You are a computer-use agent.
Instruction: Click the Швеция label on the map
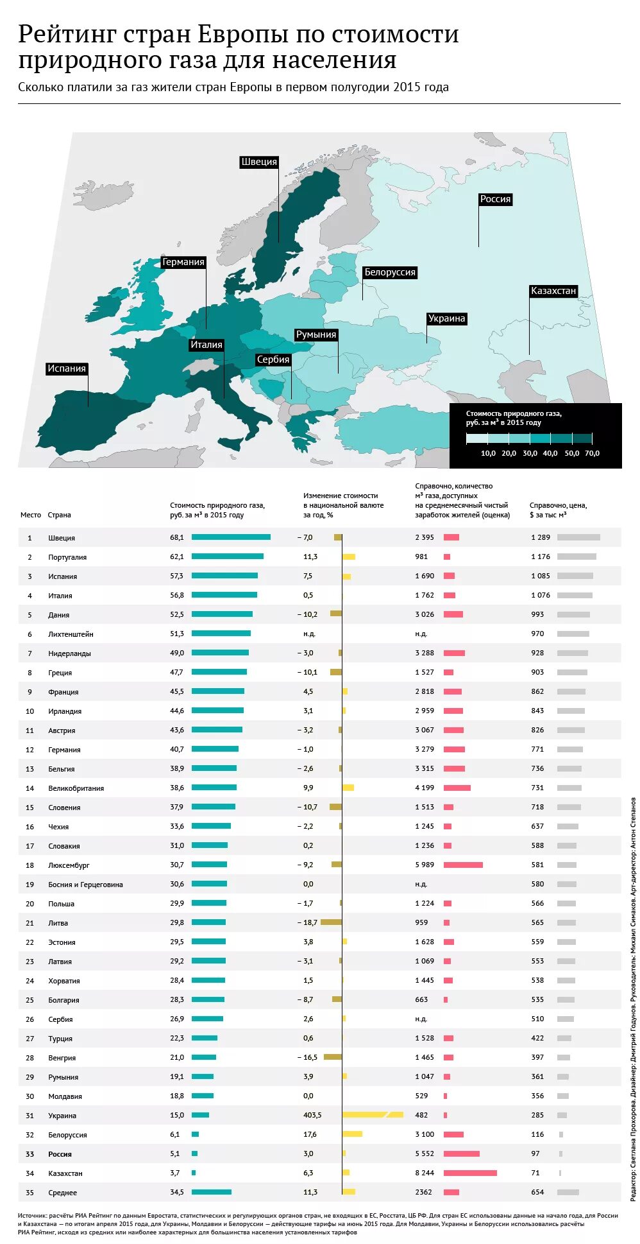point(259,162)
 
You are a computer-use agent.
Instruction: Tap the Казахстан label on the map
point(553,291)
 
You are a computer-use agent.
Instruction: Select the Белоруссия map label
point(390,272)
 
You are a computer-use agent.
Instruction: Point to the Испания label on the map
point(67,368)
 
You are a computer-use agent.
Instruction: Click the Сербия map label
point(273,359)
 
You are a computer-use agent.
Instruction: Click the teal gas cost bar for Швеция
point(231,537)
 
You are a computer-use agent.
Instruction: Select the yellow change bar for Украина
point(373,1115)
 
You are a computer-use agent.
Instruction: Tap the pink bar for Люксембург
point(463,865)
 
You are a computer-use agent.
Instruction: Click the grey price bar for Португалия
point(577,557)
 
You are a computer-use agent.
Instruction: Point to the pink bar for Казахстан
point(470,1173)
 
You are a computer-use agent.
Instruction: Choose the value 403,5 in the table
point(312,1115)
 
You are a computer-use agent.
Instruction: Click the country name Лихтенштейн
point(71,634)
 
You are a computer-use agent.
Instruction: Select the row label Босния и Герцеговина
point(85,885)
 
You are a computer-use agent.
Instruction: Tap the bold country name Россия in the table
point(60,1154)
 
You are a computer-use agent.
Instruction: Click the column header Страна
point(59,515)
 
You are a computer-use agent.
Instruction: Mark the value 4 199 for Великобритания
point(425,788)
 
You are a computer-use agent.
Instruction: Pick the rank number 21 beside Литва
point(29,923)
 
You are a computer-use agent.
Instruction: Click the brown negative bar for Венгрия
point(333,1057)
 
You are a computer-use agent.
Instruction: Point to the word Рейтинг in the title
point(65,34)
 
